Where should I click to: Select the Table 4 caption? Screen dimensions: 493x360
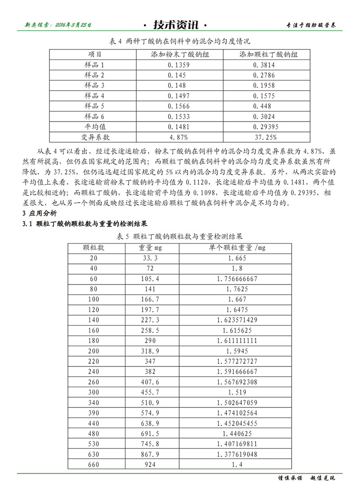180,41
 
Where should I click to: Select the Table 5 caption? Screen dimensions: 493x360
180,236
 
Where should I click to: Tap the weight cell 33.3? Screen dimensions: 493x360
150,258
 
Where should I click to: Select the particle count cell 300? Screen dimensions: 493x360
94,393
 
